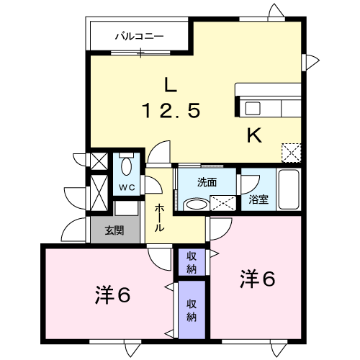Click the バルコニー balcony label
pyautogui.click(x=140, y=37)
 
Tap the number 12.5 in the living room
pyautogui.click(x=171, y=110)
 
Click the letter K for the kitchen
pyautogui.click(x=254, y=135)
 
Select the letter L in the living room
pyautogui.click(x=170, y=84)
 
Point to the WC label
pyautogui.click(x=127, y=188)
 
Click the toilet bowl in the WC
pyautogui.click(x=127, y=167)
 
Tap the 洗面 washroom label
pyautogui.click(x=207, y=182)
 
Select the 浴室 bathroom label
pyautogui.click(x=258, y=199)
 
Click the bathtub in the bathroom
pyautogui.click(x=289, y=189)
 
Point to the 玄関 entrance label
pyautogui.click(x=114, y=230)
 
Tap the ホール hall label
pyautogui.click(x=159, y=218)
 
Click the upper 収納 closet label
pyautogui.click(x=192, y=264)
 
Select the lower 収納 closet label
pyautogui.click(x=192, y=310)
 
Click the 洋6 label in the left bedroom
pyautogui.click(x=112, y=295)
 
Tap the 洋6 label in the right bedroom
pyautogui.click(x=257, y=279)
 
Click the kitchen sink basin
pyautogui.click(x=253, y=108)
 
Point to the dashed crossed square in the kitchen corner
pyautogui.click(x=291, y=153)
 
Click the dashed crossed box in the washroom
pyautogui.click(x=223, y=203)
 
